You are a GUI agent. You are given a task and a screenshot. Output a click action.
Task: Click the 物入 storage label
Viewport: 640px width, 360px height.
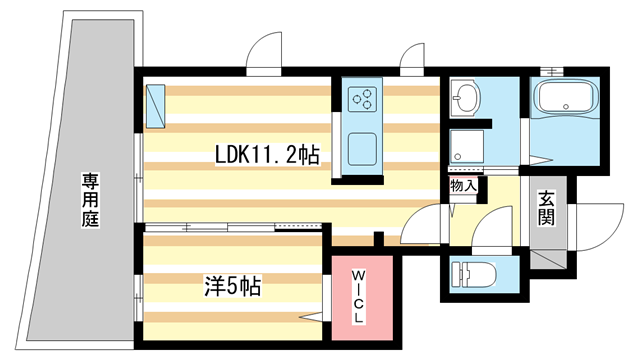pos(464,185)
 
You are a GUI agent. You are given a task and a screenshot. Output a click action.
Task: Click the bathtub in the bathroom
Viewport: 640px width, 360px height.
pos(565,100)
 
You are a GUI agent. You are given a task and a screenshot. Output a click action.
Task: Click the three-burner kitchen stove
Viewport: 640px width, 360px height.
pos(361,99)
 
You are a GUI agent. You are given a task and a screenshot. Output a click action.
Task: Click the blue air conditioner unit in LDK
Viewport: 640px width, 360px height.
pos(155,106)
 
